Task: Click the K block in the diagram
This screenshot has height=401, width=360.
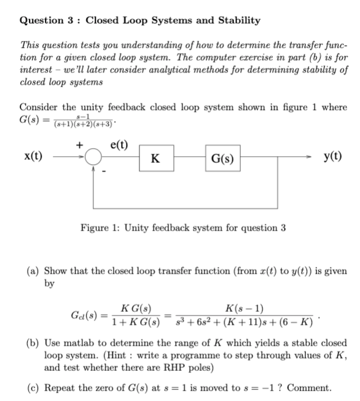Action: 157,159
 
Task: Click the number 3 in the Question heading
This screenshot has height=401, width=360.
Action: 69,20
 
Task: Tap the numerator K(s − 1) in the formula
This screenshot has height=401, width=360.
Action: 248,308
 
